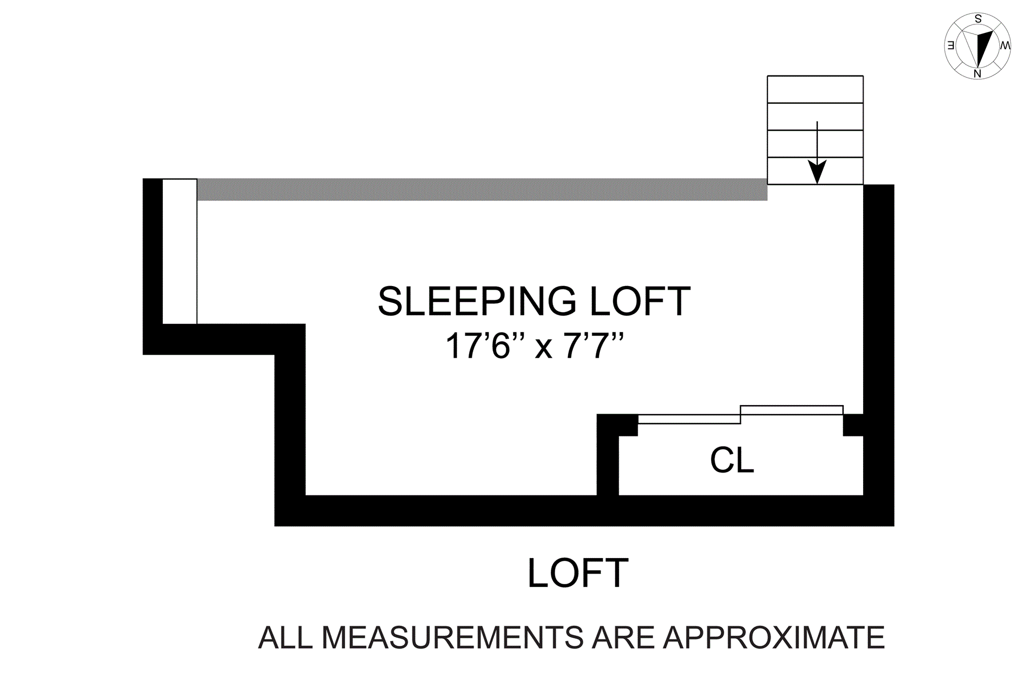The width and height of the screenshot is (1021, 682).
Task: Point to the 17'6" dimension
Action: point(478,346)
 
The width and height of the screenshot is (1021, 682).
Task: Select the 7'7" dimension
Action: point(593,346)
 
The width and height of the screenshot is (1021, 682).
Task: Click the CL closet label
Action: point(732,460)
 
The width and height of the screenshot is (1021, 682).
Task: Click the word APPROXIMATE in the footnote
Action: point(774,637)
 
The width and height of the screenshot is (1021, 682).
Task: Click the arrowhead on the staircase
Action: point(817,171)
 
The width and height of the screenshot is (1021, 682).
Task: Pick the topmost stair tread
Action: point(815,89)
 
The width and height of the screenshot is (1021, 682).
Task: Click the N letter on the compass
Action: point(977,74)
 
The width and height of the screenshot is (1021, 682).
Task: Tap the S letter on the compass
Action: point(978,19)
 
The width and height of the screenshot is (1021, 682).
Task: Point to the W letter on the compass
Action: point(1005,46)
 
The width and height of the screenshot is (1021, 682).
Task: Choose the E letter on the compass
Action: point(950,46)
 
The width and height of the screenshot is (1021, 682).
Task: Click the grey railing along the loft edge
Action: point(482,189)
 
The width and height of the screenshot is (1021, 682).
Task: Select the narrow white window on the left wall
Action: point(180,251)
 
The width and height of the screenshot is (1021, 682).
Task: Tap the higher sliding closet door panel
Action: point(791,410)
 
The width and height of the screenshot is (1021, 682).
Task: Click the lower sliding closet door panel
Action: point(689,419)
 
